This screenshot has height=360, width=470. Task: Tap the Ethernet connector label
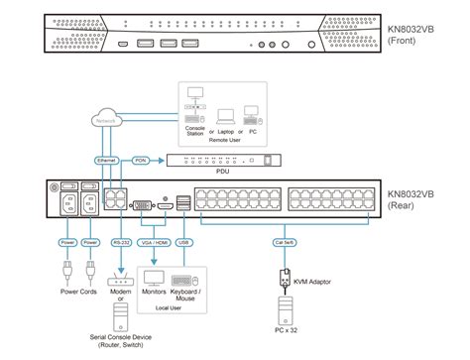point(107,159)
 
